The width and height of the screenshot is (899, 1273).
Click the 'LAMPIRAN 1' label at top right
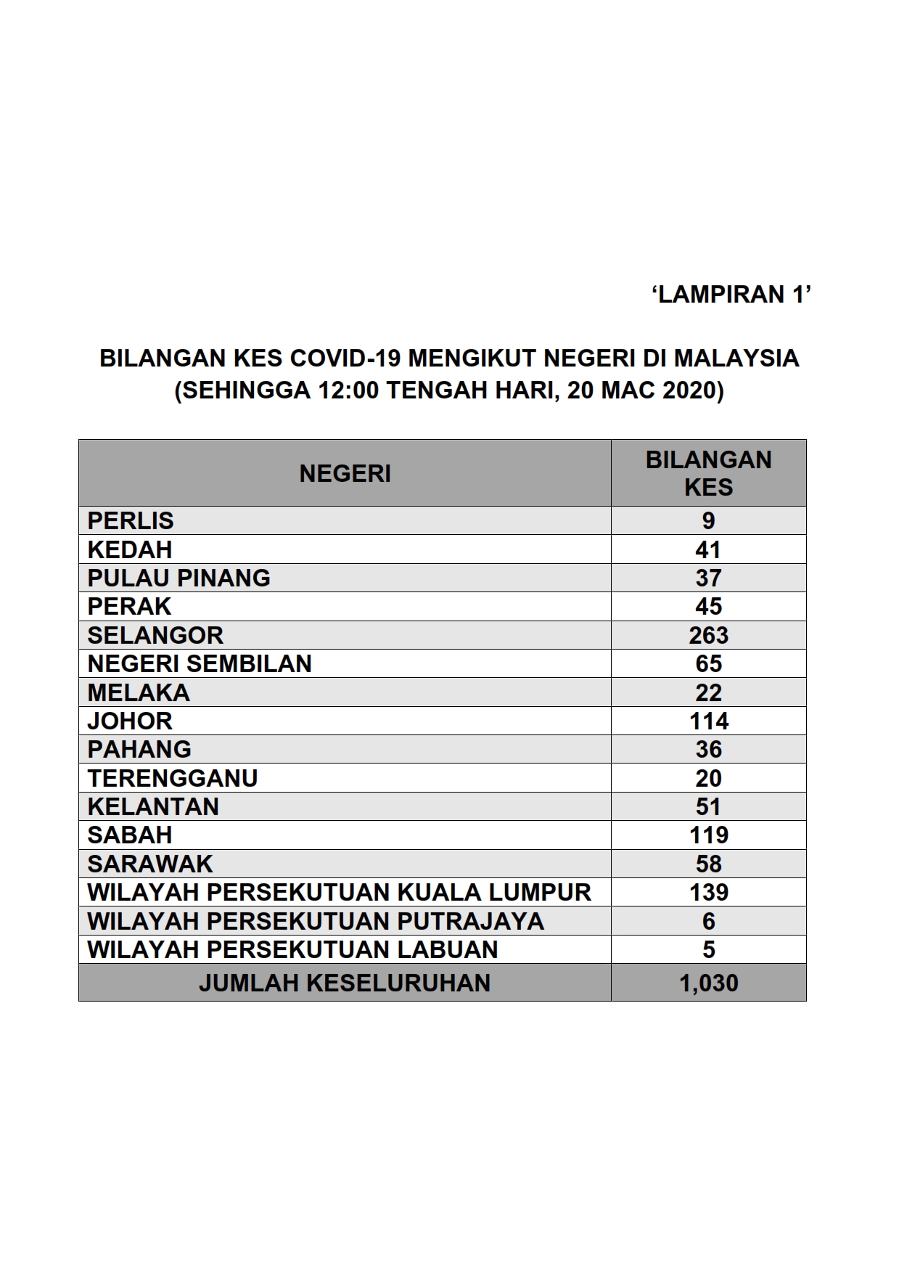pyautogui.click(x=731, y=295)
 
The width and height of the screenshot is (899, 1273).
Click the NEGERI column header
pyautogui.click(x=345, y=474)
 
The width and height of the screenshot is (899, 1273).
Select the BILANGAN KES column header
pyautogui.click(x=708, y=473)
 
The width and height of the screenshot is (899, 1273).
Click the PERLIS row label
pyautogui.click(x=131, y=521)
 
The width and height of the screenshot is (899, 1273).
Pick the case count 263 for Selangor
pyautogui.click(x=708, y=635)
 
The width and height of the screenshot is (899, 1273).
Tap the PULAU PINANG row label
pyautogui.click(x=178, y=578)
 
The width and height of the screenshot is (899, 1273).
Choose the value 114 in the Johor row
pyautogui.click(x=708, y=721)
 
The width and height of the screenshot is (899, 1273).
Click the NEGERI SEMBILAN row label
pyautogui.click(x=200, y=663)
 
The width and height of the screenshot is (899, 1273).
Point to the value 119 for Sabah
pyautogui.click(x=708, y=835)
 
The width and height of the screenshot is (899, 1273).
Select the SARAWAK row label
pyautogui.click(x=150, y=864)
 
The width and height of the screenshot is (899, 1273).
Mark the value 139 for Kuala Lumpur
pyautogui.click(x=708, y=892)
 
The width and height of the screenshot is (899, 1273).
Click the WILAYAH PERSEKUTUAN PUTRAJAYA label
pyautogui.click(x=316, y=921)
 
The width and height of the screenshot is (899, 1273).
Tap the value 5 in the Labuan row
pyautogui.click(x=708, y=949)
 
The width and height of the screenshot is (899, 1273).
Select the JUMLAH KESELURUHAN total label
pyautogui.click(x=345, y=983)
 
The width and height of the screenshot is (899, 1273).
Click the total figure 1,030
pyautogui.click(x=708, y=983)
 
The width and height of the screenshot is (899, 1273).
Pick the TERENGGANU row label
pyautogui.click(x=173, y=778)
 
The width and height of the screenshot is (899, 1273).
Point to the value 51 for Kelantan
pyautogui.click(x=708, y=806)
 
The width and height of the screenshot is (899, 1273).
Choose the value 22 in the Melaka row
pyautogui.click(x=708, y=692)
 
